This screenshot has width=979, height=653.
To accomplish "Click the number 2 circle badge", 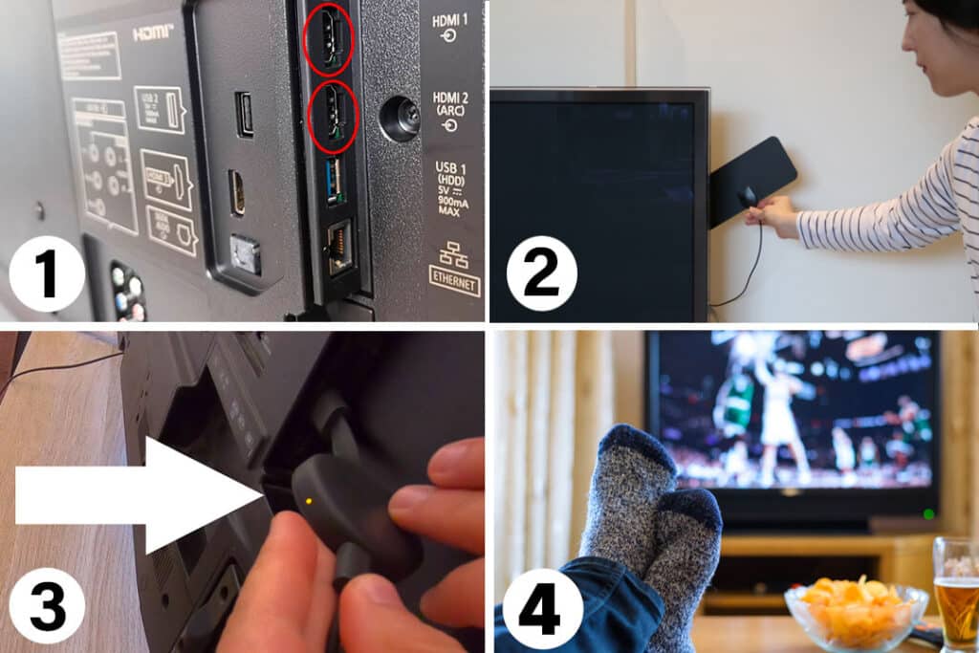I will click(x=541, y=272).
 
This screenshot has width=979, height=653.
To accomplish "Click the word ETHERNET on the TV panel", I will click(x=454, y=286).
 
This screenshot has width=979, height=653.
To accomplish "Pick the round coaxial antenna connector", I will click(x=399, y=119).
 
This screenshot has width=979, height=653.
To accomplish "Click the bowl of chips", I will click(x=855, y=612).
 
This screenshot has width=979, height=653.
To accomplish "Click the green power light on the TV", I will click(x=927, y=514).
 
